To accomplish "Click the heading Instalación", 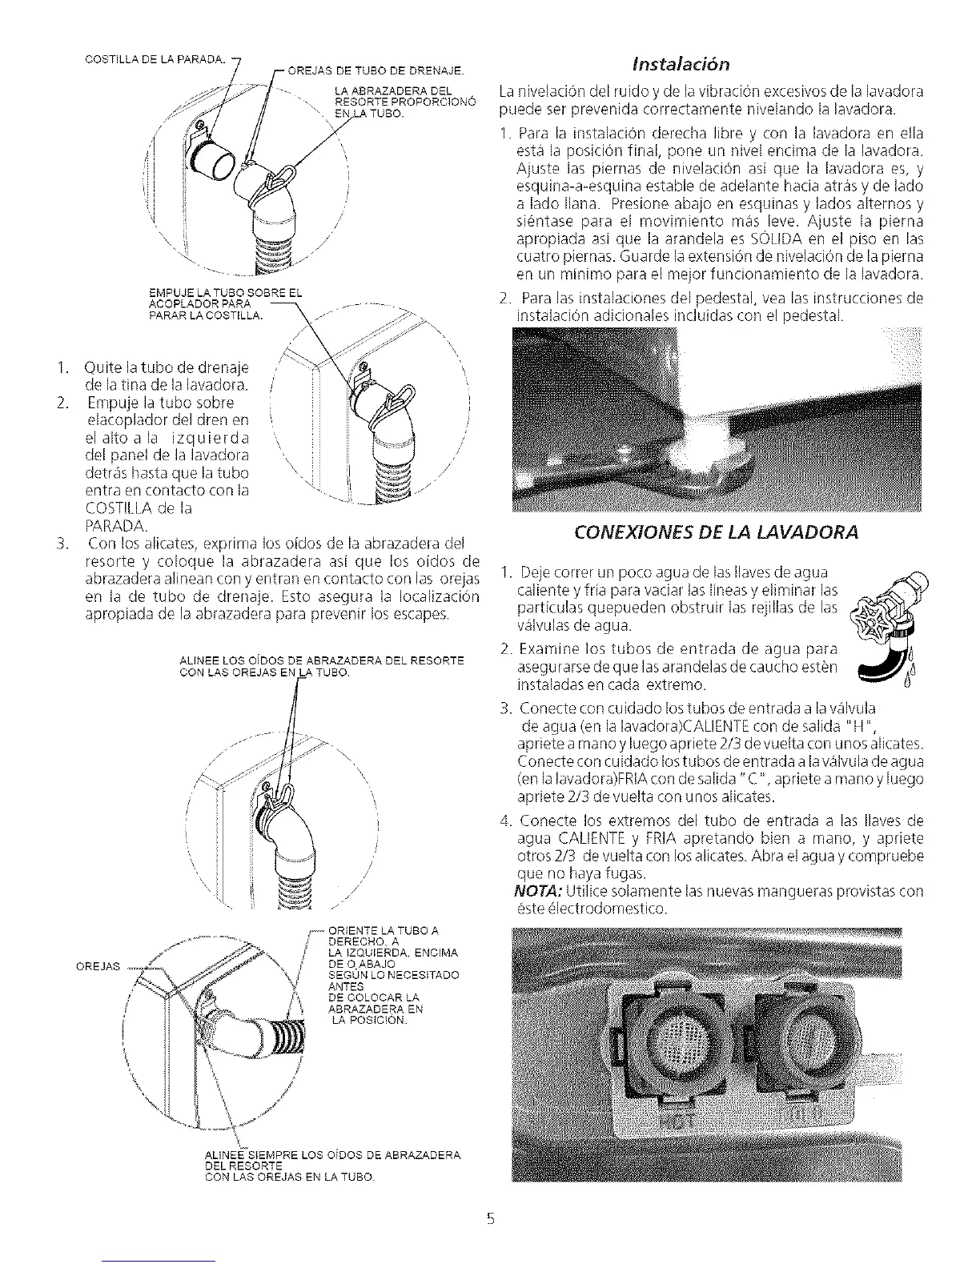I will pyautogui.click(x=708, y=62).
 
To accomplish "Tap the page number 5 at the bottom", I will pyautogui.click(x=491, y=1220).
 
